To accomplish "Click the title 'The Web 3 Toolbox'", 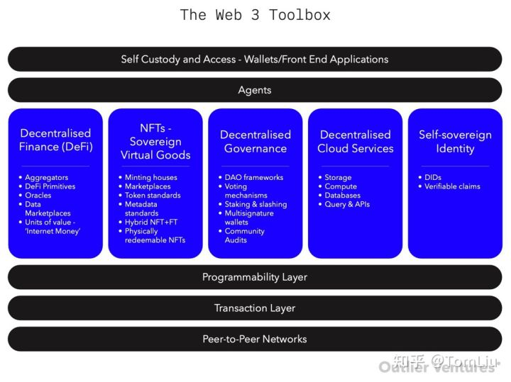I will tap(255, 15).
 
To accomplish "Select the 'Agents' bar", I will tap(255, 90).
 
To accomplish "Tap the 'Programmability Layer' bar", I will tap(255, 277).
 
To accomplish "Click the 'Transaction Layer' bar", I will tap(255, 308).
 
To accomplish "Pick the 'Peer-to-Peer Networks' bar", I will tap(255, 339).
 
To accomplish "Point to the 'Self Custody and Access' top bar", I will tap(255, 60).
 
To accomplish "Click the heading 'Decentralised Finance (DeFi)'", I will tap(55, 140).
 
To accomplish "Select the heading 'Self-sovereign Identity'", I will tap(455, 141).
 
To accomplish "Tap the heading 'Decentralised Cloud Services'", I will tap(355, 141).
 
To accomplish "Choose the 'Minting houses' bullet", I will tap(150, 177).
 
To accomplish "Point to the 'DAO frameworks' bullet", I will tap(253, 177).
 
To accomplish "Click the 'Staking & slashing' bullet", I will tap(255, 204).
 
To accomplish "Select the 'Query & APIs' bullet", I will tap(347, 204).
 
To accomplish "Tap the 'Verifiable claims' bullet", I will tap(452, 186).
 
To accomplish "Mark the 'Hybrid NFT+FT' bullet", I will tap(151, 222).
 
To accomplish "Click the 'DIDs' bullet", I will tap(433, 177).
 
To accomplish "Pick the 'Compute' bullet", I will tap(341, 186).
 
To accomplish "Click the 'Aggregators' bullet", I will tap(46, 177).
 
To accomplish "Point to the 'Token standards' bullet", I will tap(152, 195).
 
